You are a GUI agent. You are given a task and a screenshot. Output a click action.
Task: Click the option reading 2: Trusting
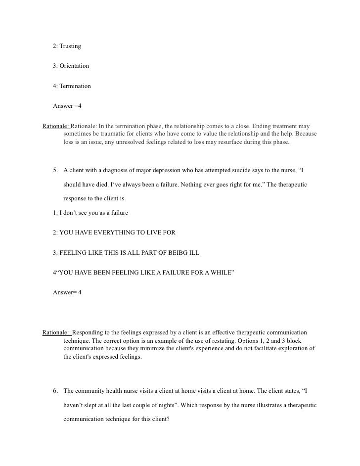(x=67, y=46)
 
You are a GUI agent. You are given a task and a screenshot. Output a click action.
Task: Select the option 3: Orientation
(x=71, y=66)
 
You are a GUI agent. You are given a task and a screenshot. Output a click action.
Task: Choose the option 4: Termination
(x=72, y=86)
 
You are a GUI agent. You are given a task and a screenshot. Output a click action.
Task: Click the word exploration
(x=293, y=349)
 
